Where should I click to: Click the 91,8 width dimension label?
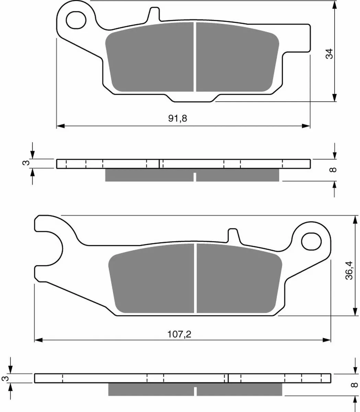[x=177, y=118]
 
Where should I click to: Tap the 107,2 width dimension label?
[x=179, y=334]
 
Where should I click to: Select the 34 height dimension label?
[x=329, y=54]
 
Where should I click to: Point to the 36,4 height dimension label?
[x=349, y=270]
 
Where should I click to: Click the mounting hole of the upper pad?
[x=76, y=20]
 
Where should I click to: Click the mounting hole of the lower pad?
[x=311, y=241]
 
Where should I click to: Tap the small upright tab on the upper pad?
[x=154, y=14]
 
